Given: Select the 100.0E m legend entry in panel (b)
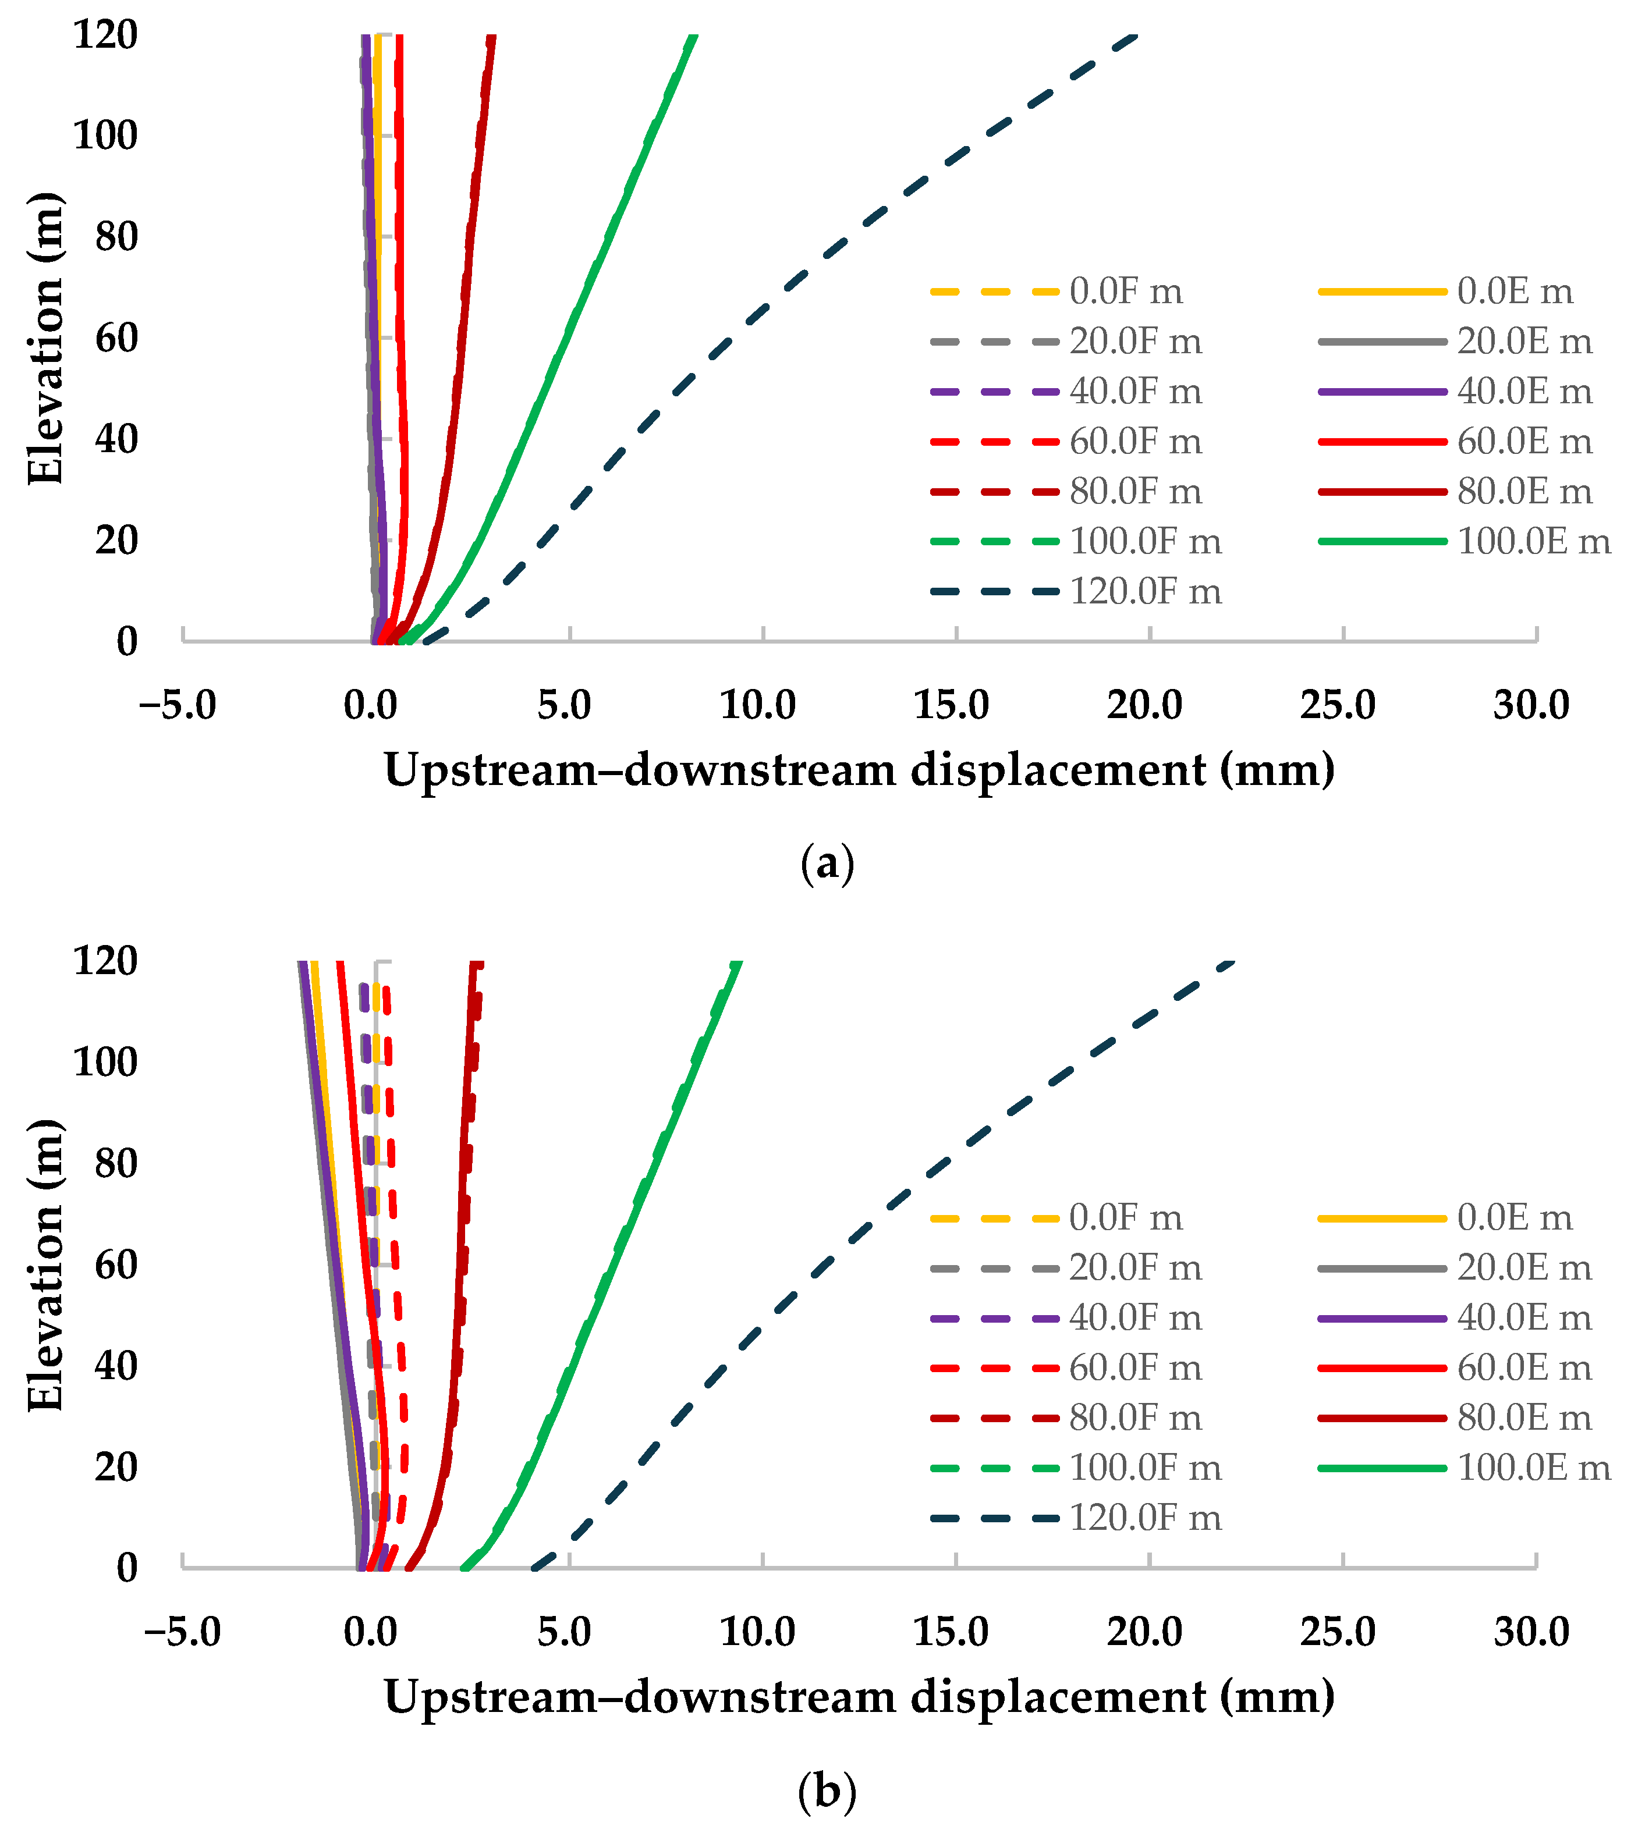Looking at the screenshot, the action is click(x=1465, y=1468).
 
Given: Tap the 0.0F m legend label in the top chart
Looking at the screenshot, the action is click(x=1126, y=292).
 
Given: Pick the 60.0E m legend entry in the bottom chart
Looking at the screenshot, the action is click(x=1455, y=1368).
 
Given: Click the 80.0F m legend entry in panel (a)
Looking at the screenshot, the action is click(x=1066, y=491).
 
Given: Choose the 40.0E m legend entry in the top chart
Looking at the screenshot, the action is click(x=1455, y=392).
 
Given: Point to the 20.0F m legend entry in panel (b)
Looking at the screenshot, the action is click(x=1066, y=1268).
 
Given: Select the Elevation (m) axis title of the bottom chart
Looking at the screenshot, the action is click(x=45, y=1265).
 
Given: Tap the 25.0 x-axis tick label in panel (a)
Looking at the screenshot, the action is click(x=1338, y=705).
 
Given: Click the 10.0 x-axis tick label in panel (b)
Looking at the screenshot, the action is click(x=758, y=1632).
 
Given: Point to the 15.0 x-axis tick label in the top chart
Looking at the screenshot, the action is click(x=951, y=705).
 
